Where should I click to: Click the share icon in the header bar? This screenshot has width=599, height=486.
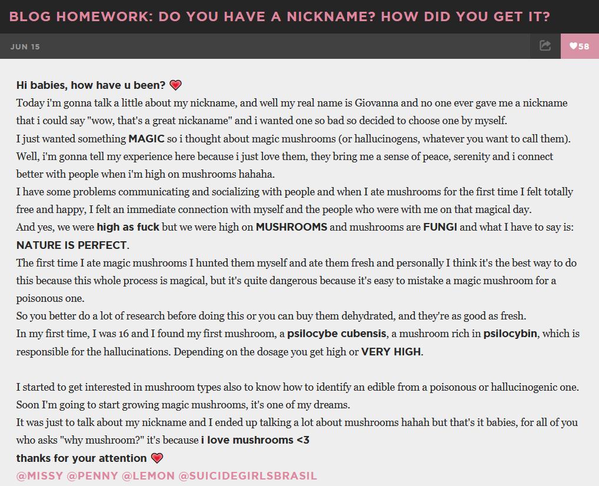click(x=545, y=46)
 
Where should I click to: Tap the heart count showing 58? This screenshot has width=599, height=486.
click(x=580, y=46)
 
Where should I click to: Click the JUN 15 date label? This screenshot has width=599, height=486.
click(x=25, y=46)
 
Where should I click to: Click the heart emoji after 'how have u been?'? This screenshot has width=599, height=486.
click(x=175, y=85)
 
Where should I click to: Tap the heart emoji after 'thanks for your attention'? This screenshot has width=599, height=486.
click(x=157, y=458)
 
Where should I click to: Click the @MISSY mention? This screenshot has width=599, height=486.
click(x=39, y=476)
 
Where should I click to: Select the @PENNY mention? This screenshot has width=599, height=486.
click(x=92, y=476)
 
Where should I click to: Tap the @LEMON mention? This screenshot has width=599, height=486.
click(x=148, y=476)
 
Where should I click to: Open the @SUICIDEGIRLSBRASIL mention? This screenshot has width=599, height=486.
click(x=248, y=476)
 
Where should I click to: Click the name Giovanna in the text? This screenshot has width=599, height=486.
click(x=377, y=103)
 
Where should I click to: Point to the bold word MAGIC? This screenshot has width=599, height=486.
click(x=147, y=139)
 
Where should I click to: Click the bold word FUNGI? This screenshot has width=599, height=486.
click(x=440, y=227)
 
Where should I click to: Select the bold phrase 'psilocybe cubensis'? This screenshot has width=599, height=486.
click(x=337, y=334)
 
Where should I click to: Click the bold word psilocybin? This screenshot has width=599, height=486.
click(x=510, y=334)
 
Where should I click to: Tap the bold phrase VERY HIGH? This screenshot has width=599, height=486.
click(x=391, y=352)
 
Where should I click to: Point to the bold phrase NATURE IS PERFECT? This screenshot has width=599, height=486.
click(x=72, y=245)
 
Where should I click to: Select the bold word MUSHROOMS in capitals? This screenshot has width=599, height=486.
click(x=291, y=227)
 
